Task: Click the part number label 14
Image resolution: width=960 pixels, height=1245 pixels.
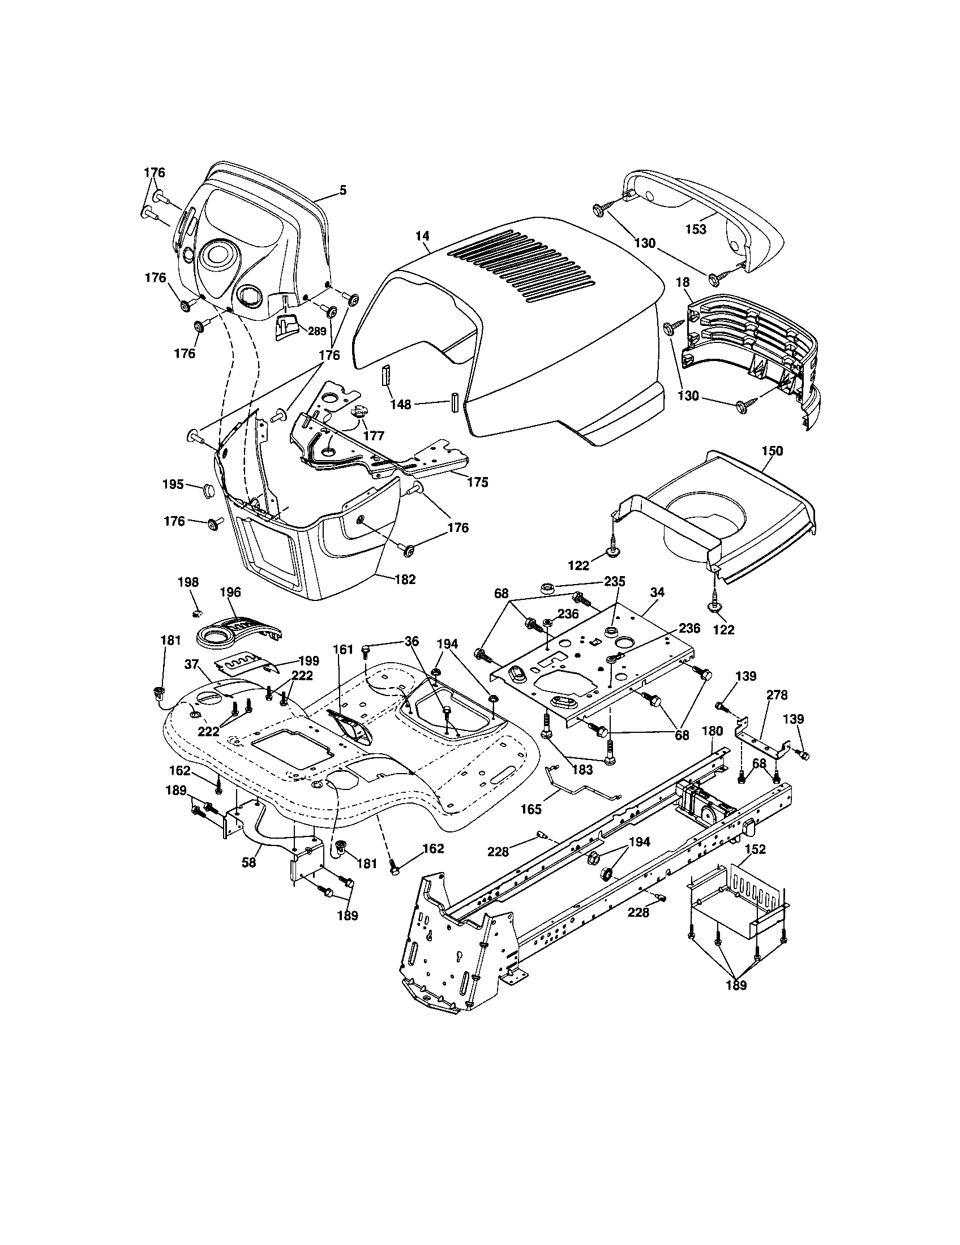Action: click(x=422, y=235)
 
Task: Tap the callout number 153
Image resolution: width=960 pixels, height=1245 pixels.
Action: click(x=696, y=229)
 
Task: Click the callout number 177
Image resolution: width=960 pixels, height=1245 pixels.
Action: click(x=374, y=436)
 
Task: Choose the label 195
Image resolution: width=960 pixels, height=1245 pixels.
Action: click(x=173, y=484)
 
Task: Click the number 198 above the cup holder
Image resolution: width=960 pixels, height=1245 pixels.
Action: click(x=188, y=582)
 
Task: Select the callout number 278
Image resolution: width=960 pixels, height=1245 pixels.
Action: click(x=777, y=695)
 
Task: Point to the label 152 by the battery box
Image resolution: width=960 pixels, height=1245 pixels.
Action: click(x=755, y=849)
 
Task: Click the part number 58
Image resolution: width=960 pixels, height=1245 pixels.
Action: click(x=249, y=862)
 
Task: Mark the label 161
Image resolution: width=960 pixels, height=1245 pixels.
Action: click(x=339, y=649)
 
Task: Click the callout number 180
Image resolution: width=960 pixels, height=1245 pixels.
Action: click(x=712, y=731)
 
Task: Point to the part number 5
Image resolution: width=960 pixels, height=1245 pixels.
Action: click(x=342, y=190)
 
